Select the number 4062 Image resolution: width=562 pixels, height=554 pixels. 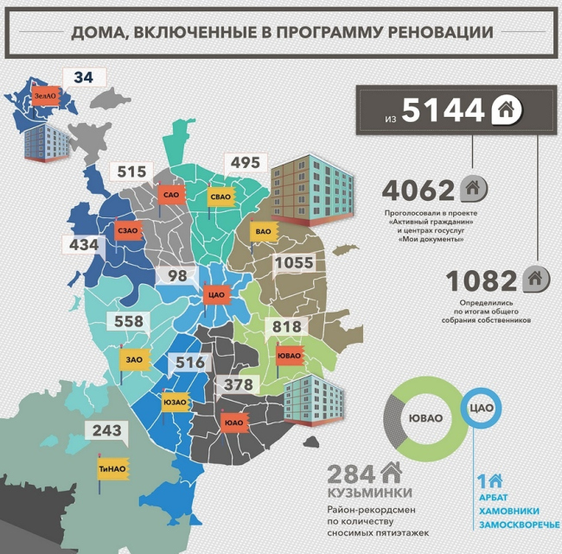418,190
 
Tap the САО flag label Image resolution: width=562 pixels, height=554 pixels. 170,196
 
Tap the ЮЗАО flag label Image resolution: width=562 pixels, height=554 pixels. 175,401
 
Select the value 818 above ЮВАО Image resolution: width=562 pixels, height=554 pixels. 286,325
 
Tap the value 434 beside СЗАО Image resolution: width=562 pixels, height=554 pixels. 84,245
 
